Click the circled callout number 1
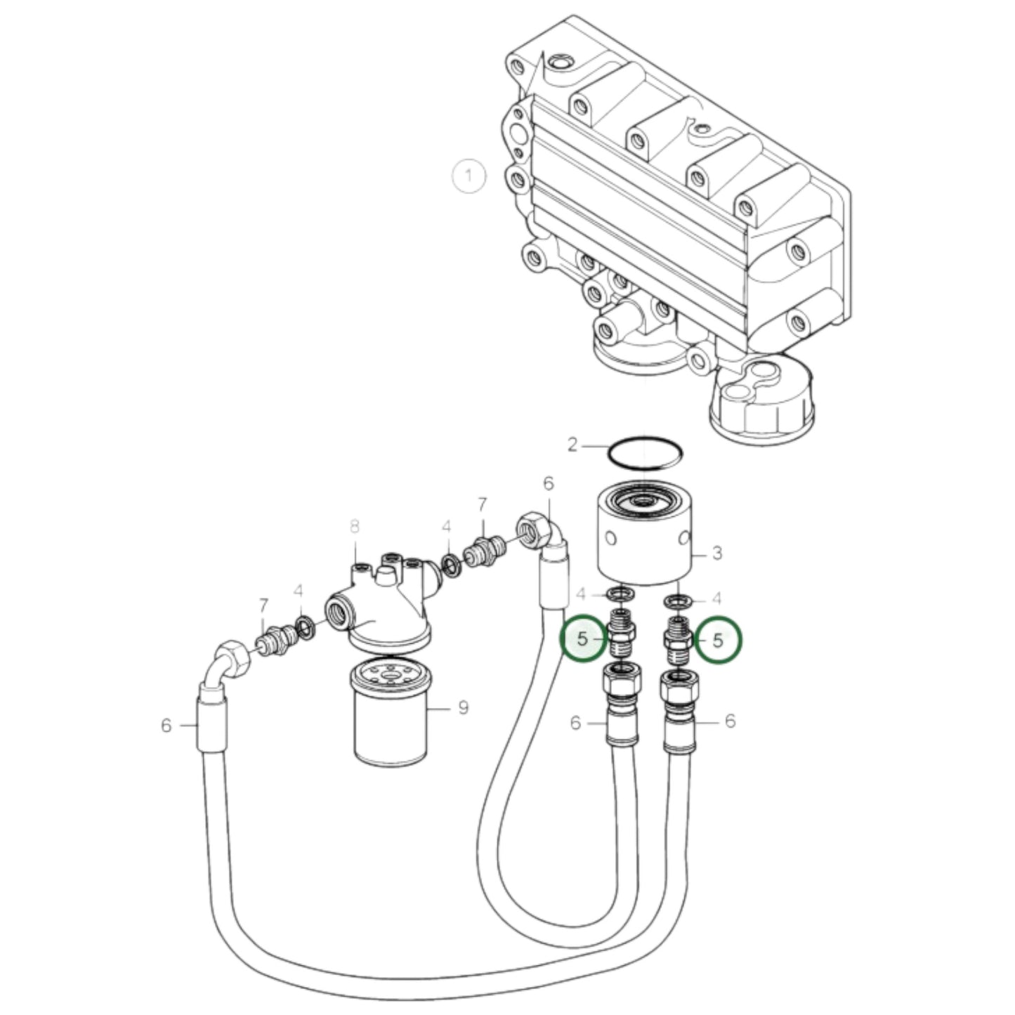[x=469, y=176]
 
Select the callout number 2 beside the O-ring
[x=572, y=445]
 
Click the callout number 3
[x=716, y=554]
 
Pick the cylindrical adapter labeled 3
[x=644, y=537]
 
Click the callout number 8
[x=355, y=525]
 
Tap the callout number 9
[x=463, y=707]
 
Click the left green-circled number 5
[x=582, y=639]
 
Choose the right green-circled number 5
[x=718, y=639]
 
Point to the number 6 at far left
[x=166, y=725]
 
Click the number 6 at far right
[x=730, y=721]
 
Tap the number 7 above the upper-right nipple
[x=482, y=504]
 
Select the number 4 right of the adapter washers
[x=716, y=599]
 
